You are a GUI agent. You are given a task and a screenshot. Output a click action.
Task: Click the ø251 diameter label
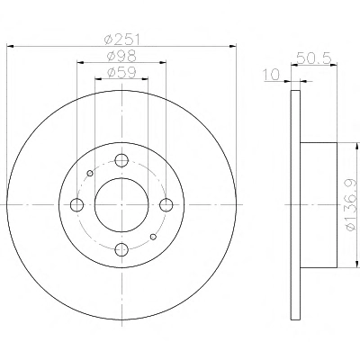point(121,39)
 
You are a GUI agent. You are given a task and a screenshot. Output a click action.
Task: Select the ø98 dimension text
point(121,56)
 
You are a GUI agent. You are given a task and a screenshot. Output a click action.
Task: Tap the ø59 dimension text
point(121,72)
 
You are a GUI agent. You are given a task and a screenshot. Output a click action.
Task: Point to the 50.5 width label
point(314,58)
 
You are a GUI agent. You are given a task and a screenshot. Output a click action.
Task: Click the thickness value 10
point(272,75)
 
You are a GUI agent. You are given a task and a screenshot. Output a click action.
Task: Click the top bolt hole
point(121,160)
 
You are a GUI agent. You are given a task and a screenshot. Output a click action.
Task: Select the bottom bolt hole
point(121,249)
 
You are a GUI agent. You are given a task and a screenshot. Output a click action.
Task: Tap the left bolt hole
point(76,205)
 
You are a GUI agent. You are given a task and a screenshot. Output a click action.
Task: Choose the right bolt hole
point(166,205)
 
